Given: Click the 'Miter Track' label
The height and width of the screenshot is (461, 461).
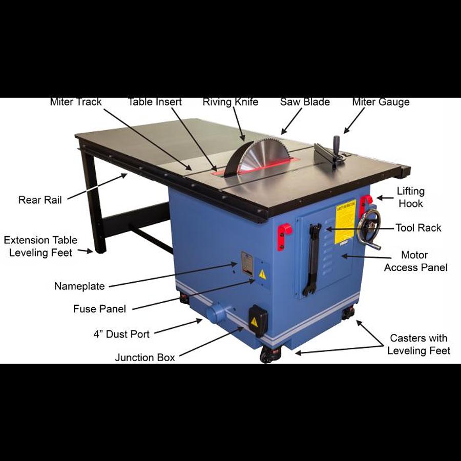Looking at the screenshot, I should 76,102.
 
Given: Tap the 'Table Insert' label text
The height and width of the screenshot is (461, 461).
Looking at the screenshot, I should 155,102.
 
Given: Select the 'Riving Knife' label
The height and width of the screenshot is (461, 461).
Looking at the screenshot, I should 230,102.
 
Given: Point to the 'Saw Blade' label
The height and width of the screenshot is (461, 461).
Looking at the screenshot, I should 305,102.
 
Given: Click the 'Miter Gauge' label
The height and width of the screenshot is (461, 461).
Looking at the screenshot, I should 381,102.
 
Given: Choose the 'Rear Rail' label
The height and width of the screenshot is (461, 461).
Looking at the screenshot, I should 40,200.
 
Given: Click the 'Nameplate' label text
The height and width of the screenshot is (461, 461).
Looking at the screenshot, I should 79,286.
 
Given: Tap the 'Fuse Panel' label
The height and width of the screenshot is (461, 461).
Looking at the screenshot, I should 99,308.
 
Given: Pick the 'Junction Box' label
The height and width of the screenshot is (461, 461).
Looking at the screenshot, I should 144,358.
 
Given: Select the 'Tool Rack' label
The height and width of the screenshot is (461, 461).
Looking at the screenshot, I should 418,227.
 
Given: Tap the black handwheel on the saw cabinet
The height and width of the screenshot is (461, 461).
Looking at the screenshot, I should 369,227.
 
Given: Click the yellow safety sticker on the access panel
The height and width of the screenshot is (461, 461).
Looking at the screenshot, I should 345,221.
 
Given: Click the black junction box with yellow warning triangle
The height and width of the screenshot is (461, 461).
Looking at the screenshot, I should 257,320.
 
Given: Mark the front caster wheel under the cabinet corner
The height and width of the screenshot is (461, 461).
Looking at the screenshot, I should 269,354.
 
